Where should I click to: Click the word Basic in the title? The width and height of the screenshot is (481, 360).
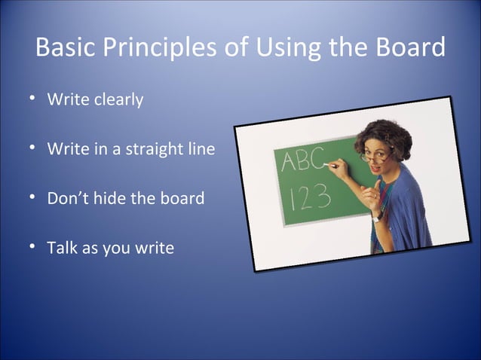click(x=65, y=48)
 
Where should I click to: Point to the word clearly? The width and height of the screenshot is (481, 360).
click(x=118, y=99)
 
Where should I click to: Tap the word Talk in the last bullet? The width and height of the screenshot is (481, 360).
click(x=62, y=247)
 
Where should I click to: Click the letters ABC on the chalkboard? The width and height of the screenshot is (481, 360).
click(x=301, y=160)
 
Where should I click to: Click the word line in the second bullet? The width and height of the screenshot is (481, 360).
click(x=200, y=149)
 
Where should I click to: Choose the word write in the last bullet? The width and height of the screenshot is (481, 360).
click(x=154, y=247)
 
